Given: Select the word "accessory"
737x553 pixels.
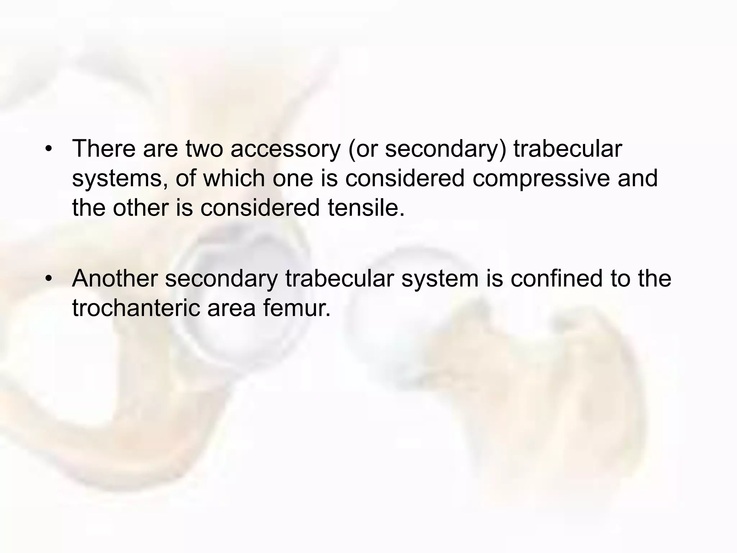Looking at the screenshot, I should [x=285, y=149].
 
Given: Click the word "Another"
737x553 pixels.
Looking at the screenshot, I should [x=115, y=278].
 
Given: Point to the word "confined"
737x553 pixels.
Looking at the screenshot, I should [x=556, y=278].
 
